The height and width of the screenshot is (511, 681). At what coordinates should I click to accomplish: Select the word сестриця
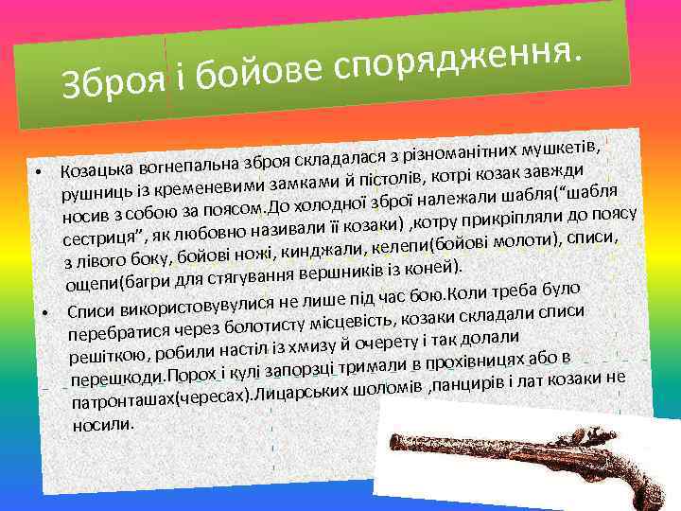click(102, 232)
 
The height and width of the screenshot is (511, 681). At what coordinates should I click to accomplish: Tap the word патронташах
click(123, 400)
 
